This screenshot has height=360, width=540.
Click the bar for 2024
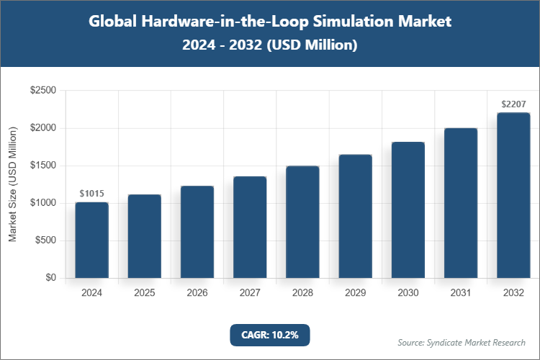tap(91, 240)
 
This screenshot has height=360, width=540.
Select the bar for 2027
tap(250, 227)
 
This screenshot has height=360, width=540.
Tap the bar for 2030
tap(408, 210)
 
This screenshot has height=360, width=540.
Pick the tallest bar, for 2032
tap(513, 195)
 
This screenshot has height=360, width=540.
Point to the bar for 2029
tap(355, 216)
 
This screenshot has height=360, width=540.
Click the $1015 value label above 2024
tap(91, 194)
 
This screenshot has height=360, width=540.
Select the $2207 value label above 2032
tap(513, 104)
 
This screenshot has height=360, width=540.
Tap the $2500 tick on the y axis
tap(43, 91)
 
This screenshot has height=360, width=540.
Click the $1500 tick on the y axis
tap(43, 166)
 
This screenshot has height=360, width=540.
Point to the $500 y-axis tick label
tap(46, 240)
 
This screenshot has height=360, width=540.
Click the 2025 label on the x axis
tap(144, 293)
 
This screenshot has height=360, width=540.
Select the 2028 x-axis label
tap(302, 293)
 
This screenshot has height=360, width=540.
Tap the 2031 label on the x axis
tap(461, 293)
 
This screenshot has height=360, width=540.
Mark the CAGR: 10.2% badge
tap(269, 335)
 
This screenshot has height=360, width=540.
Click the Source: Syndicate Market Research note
tap(462, 342)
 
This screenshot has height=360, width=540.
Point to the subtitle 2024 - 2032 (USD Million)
tap(270, 45)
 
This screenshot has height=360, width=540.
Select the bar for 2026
tap(197, 232)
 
